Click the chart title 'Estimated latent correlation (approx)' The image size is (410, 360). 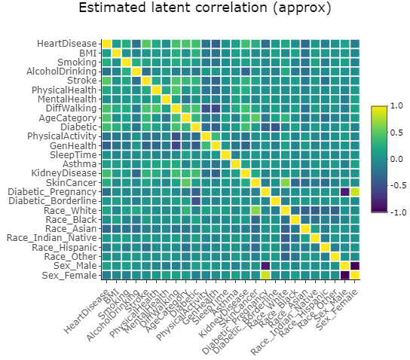(205, 9)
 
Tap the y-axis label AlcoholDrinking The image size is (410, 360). (63, 71)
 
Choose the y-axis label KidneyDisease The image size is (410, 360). (67, 172)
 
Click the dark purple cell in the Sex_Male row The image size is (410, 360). (355, 265)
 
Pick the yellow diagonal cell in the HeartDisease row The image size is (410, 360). (106, 43)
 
